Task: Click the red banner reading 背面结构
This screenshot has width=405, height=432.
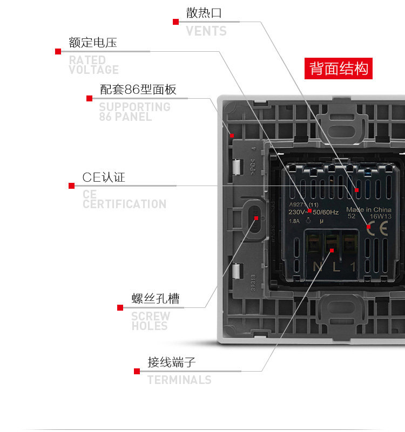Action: point(339,68)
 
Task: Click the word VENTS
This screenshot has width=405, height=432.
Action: point(206,31)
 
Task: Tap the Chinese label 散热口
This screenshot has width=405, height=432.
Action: point(204,13)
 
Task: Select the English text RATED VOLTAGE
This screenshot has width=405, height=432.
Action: point(94,65)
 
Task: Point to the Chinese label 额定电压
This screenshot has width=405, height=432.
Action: point(93,43)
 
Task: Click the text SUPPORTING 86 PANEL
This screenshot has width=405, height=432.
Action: point(134,112)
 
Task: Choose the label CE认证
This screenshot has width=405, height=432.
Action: point(104,177)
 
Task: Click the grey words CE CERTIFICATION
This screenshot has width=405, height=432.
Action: point(124,199)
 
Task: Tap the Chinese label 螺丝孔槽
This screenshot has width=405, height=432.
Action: point(156,299)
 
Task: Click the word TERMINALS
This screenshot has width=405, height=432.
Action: point(179,380)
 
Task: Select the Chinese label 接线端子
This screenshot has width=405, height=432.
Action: point(172,362)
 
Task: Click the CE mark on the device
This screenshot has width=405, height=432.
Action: point(380,228)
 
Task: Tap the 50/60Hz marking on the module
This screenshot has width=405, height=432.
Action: point(326,212)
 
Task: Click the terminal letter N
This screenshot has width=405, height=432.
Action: point(317,266)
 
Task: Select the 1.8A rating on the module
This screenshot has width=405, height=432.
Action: point(294,221)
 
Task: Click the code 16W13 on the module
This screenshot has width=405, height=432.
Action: point(381,216)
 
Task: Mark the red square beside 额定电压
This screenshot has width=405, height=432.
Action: point(58,51)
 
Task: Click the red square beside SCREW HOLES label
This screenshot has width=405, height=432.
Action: point(120,307)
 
